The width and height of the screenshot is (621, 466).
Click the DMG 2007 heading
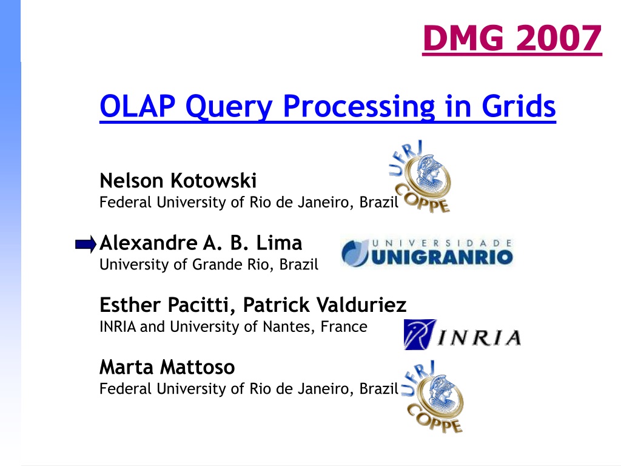(x=512, y=38)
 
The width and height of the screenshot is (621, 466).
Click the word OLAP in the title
(x=138, y=106)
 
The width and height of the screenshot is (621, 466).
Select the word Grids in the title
(x=519, y=106)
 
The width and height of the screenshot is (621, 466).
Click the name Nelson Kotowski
(x=178, y=181)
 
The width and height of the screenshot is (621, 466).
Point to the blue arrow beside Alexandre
(x=86, y=245)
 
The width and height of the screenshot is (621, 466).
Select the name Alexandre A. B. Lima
(x=201, y=243)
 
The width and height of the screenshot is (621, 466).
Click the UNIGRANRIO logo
(x=427, y=252)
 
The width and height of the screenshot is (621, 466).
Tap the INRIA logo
(x=462, y=334)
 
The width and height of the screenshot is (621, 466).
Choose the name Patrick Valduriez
(x=324, y=305)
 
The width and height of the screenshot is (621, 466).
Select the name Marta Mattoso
(x=167, y=367)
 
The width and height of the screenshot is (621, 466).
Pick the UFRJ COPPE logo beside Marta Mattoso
(x=433, y=397)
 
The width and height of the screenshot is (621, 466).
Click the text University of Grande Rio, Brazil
(x=209, y=265)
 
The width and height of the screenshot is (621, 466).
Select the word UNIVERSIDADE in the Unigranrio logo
(x=441, y=243)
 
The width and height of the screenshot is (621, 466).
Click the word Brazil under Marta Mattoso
(x=378, y=389)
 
